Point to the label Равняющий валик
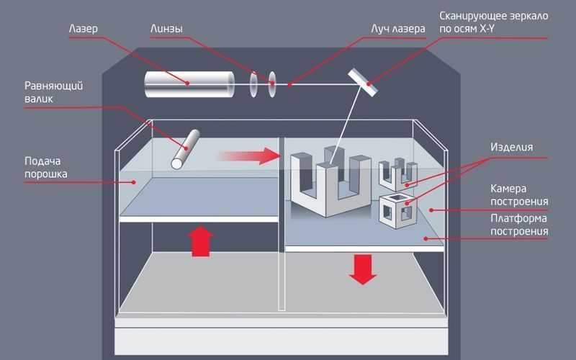pos(53,93)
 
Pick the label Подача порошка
pos(48,167)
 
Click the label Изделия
pos(511,147)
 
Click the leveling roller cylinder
pos(185,149)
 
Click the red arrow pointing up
pos(202,241)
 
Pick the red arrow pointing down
pos(363,269)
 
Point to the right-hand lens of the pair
pos(272,84)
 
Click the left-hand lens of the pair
pos(254,84)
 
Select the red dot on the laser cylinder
pos(189,84)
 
